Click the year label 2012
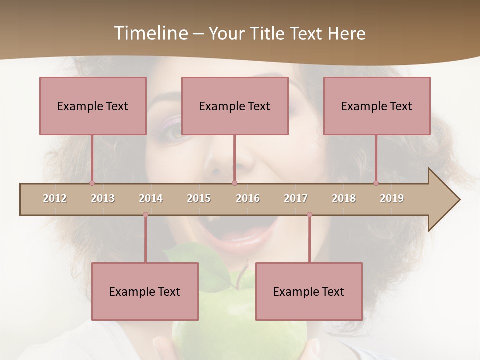pos(55,198)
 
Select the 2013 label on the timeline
pos(103,198)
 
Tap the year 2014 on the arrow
pos(151,198)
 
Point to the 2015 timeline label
pos(199,198)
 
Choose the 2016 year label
pos(248,198)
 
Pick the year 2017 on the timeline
pos(296,198)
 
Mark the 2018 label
pos(344,198)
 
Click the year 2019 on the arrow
pos(392,198)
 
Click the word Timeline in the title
pos(150,33)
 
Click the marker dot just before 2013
pos(92,183)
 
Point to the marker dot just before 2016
pos(234,183)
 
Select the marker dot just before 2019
pos(376,183)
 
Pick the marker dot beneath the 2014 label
pos(145,214)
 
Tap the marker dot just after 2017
pos(309,214)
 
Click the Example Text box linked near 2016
pos(235,106)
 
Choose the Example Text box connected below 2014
pos(145,291)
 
